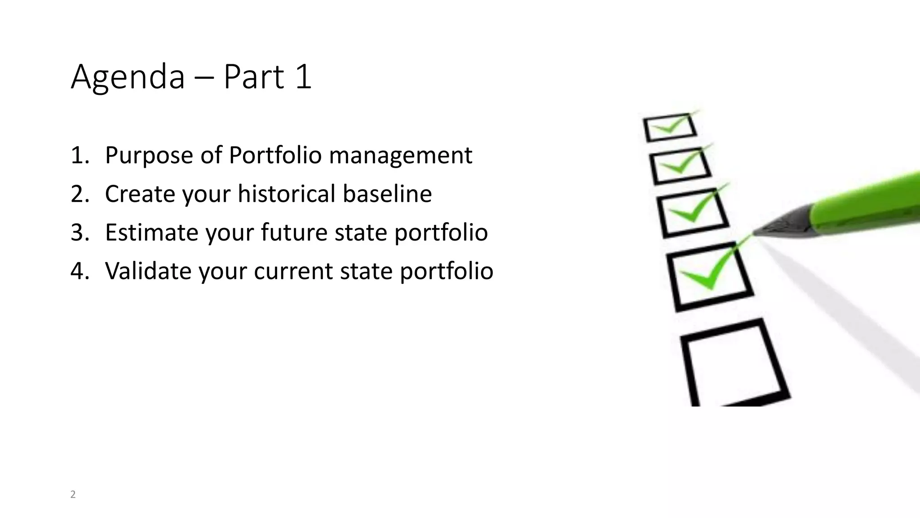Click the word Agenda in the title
coord(128,77)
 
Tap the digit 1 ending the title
coord(303,77)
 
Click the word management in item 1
coord(400,156)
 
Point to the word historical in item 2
coord(286,194)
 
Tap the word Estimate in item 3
coord(151,232)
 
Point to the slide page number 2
coord(73,495)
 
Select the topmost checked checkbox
coord(669,127)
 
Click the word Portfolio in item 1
coord(275,156)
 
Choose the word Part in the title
coord(254,77)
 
